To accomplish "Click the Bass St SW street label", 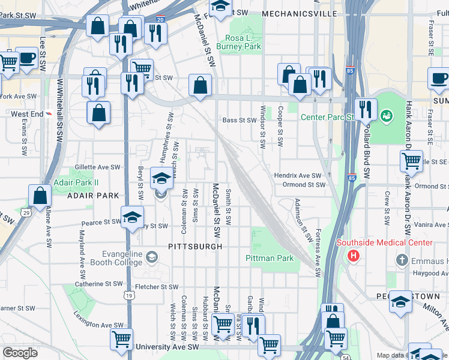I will [x=240, y=120].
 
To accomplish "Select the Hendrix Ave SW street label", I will [x=298, y=175].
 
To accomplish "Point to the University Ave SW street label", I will [x=167, y=347].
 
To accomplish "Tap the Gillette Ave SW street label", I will [x=97, y=167].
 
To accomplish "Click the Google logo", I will [x=20, y=353].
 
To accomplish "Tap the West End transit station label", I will [x=27, y=113].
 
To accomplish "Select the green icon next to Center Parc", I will [x=387, y=114].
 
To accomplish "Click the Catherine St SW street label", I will [x=98, y=284].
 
